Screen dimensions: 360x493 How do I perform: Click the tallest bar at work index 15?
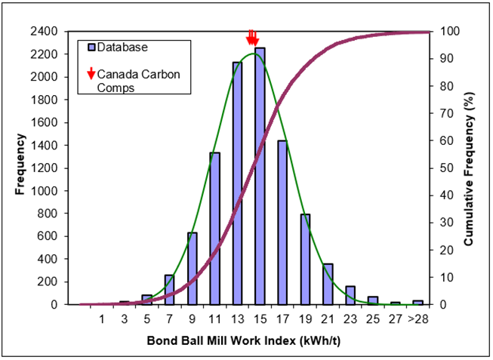pyautogui.click(x=260, y=177)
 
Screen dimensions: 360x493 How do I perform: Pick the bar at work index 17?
pyautogui.click(x=282, y=223)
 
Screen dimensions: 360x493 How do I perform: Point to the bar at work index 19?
pyautogui.click(x=306, y=260)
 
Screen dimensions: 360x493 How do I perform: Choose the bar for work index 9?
pyautogui.click(x=192, y=269)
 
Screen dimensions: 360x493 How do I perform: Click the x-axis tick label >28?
pyautogui.click(x=418, y=318)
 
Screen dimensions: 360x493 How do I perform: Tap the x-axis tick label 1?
pyautogui.click(x=101, y=318)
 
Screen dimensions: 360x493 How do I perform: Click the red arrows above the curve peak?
pyautogui.click(x=253, y=38)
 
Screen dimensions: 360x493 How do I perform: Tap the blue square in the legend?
pyautogui.click(x=90, y=47)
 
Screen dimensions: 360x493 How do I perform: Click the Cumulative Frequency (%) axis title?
pyautogui.click(x=469, y=168)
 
